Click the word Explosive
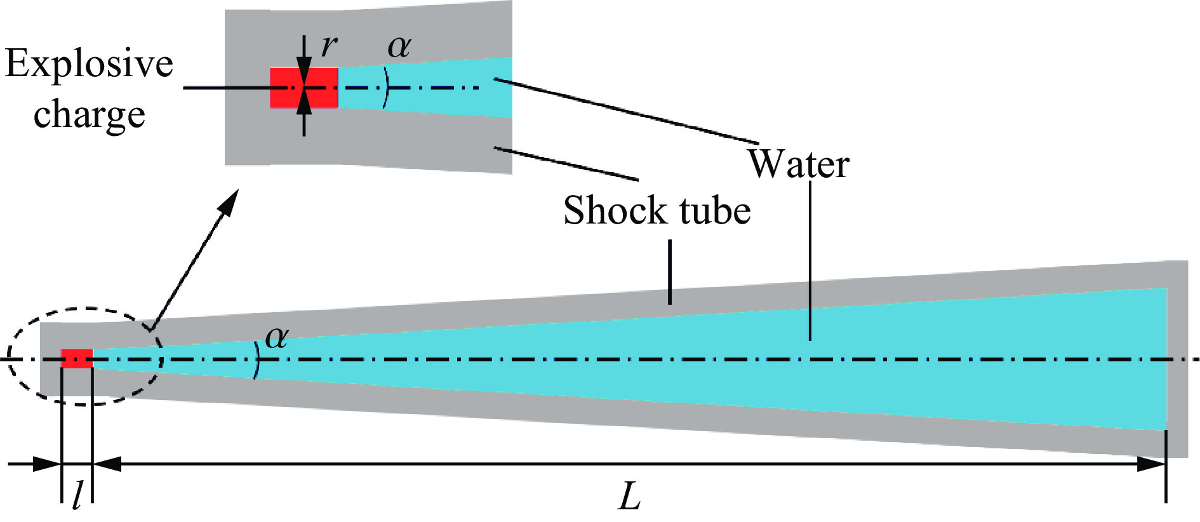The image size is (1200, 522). click(x=89, y=65)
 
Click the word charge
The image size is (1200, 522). click(x=89, y=116)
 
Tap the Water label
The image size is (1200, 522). click(x=798, y=164)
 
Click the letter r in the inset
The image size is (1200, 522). click(x=329, y=46)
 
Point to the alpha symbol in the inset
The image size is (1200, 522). click(x=399, y=46)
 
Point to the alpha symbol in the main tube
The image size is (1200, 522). click(x=277, y=337)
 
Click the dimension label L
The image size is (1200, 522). click(x=629, y=497)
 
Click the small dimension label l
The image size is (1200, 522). click(x=77, y=495)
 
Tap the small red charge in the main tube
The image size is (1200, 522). click(x=77, y=358)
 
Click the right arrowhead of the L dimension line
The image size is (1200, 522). click(x=1152, y=464)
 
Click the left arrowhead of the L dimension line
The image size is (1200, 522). click(x=105, y=464)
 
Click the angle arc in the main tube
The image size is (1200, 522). click(x=257, y=359)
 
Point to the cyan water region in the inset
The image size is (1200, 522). click(x=444, y=88)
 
